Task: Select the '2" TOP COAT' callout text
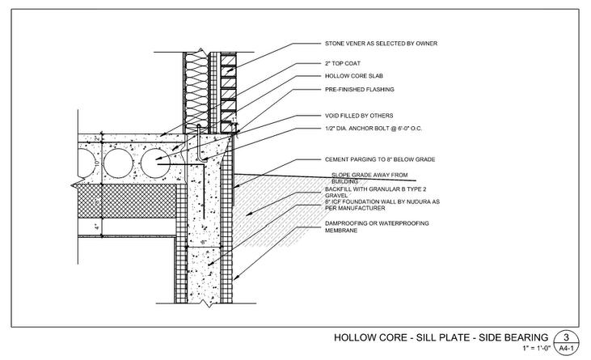(336, 63)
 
